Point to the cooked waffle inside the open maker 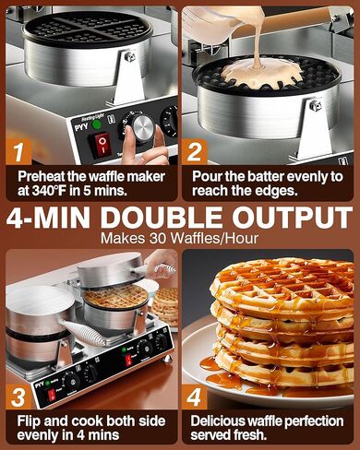tap(115, 296)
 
